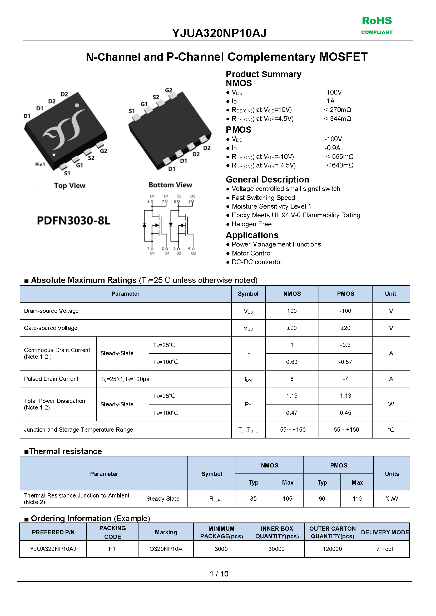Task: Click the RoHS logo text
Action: coord(377,21)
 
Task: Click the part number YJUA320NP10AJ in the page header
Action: coord(219,33)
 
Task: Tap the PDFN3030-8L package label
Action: coord(73,220)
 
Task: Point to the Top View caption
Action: coord(70,186)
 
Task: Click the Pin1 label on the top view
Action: coord(40,164)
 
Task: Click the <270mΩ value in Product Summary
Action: coord(338,110)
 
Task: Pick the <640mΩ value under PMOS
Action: coord(340,165)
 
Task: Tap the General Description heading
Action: coord(267,179)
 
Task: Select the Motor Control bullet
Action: coord(251,253)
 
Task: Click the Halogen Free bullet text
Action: coord(251,224)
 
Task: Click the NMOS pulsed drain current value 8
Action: coord(292,379)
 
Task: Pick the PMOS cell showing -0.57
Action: coord(345,362)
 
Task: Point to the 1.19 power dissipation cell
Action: coord(292,396)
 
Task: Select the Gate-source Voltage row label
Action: coord(51,328)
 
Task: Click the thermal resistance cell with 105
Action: coord(287,499)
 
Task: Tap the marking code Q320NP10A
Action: coord(166,549)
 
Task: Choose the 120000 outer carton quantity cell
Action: coord(332,549)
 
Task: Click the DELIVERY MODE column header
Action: coord(385,532)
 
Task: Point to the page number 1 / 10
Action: coord(219,574)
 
